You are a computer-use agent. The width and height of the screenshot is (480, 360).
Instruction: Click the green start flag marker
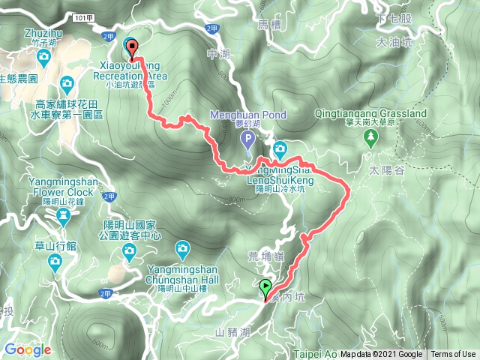pyautogui.click(x=265, y=286)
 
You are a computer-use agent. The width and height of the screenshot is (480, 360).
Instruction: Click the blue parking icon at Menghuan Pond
pyautogui.click(x=248, y=139)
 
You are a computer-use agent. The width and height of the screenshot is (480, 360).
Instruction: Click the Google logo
pyautogui.click(x=28, y=349)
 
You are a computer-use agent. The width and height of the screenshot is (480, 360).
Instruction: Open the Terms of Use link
pyautogui.click(x=453, y=355)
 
